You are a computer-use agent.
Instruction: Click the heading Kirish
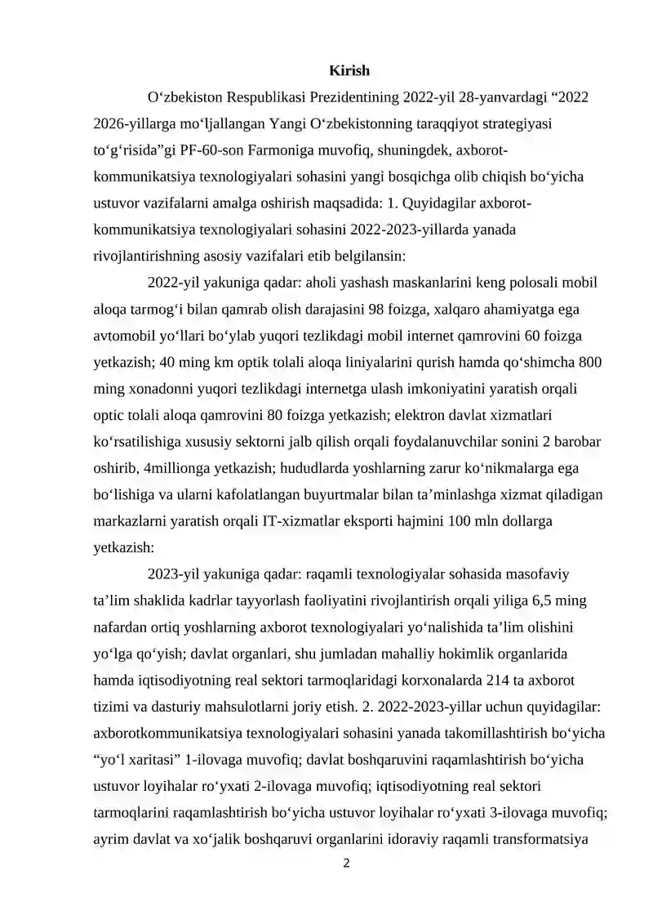point(349,72)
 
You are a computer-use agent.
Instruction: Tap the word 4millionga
point(184,467)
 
